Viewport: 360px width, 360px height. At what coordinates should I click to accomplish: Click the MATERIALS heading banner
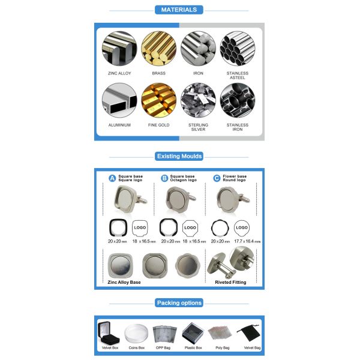[x=179, y=10]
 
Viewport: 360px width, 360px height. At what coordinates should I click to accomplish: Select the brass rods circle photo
[x=158, y=49]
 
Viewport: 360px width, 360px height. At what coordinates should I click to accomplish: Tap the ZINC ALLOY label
[x=119, y=73]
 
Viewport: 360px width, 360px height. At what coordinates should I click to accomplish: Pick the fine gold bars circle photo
[x=158, y=100]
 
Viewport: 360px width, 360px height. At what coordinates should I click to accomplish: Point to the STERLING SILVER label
[x=198, y=127]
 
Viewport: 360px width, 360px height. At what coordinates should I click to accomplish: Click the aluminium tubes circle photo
[x=119, y=100]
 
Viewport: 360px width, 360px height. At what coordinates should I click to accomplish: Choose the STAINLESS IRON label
[x=238, y=127]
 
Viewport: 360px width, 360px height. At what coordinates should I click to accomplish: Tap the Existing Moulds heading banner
[x=179, y=157]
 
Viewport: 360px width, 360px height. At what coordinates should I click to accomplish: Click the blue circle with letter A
[x=112, y=178]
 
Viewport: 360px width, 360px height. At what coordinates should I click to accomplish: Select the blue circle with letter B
[x=164, y=178]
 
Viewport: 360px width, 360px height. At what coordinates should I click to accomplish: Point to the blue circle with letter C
[x=217, y=178]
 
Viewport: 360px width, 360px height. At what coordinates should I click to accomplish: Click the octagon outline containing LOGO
[x=190, y=228]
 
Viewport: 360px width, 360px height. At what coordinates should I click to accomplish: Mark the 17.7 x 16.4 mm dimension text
[x=247, y=241]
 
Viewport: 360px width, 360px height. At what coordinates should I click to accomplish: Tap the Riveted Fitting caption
[x=230, y=282]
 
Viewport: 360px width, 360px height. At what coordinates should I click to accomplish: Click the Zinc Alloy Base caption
[x=124, y=282]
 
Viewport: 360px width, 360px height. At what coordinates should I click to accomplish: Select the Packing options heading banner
[x=179, y=303]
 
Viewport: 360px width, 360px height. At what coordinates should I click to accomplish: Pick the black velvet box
[x=108, y=333]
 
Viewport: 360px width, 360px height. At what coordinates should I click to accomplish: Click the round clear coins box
[x=136, y=334]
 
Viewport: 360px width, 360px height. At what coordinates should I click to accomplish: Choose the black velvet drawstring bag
[x=249, y=333]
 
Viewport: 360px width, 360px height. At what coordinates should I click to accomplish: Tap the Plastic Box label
[x=193, y=348]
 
